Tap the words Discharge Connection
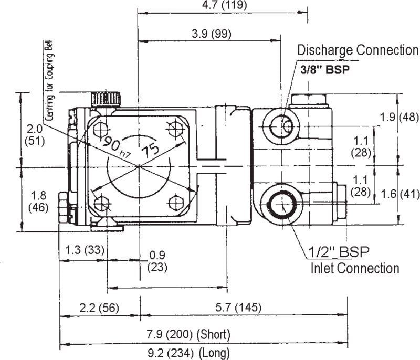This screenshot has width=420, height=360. [358, 50]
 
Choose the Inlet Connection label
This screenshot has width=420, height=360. [354, 268]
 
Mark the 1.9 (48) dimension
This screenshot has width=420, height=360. [399, 118]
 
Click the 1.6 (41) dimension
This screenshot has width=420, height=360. [400, 194]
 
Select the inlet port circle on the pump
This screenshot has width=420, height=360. [282, 203]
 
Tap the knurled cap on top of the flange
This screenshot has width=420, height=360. [106, 98]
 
